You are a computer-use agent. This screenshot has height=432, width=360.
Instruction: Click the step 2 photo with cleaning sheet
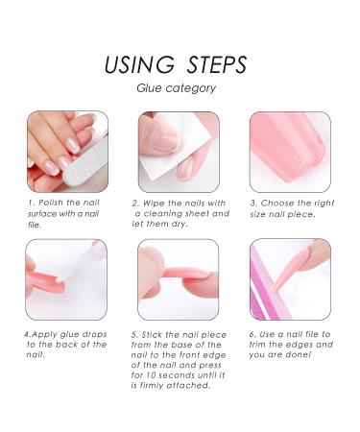pyautogui.click(x=179, y=151)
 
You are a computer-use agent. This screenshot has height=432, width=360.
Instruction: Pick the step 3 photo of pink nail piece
pyautogui.click(x=290, y=151)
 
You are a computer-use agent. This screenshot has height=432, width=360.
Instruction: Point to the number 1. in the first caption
pyautogui.click(x=33, y=204)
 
